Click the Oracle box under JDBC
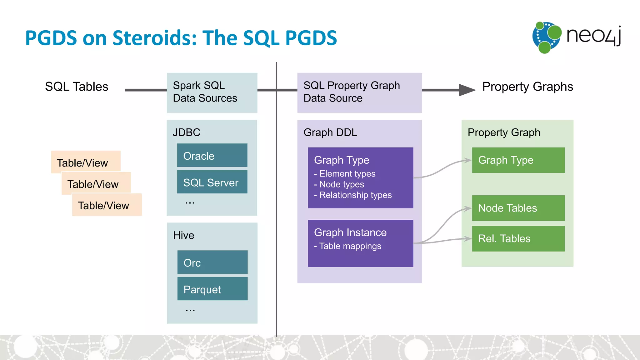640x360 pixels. tap(212, 155)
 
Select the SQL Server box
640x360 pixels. tap(212, 182)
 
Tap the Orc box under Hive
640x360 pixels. tap(212, 262)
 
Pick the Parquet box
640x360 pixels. tap(212, 289)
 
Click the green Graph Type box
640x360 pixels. tap(518, 160)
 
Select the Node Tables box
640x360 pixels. tap(518, 208)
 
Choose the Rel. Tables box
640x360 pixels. tap(518, 239)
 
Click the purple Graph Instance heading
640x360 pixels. tap(350, 232)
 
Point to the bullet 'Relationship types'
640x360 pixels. tap(355, 195)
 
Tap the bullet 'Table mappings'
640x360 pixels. tap(350, 246)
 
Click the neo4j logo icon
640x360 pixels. tap(546, 37)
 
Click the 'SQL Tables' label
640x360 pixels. tap(77, 87)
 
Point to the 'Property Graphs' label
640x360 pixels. tap(527, 87)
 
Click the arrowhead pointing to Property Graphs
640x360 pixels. tap(466, 90)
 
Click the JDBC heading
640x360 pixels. tap(187, 132)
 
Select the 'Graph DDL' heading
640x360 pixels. tap(330, 132)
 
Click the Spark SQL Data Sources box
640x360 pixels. tap(212, 92)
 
